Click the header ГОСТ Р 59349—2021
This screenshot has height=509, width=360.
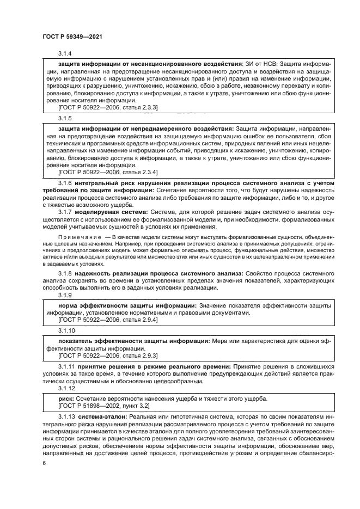point(72,36)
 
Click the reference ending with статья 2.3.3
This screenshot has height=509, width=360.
point(107,108)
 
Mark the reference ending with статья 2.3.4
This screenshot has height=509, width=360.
point(107,171)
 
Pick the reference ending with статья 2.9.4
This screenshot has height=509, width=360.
point(107,321)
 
